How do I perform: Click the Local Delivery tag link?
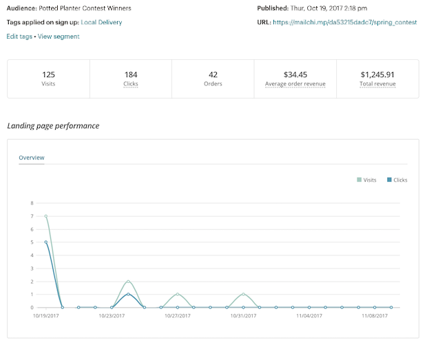coord(101,22)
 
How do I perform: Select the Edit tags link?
coord(20,36)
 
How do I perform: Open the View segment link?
coord(59,36)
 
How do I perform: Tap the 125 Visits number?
coord(48,74)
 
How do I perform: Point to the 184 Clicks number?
coord(131,74)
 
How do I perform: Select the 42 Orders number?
coord(213,74)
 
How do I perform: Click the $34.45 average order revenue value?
coord(295,74)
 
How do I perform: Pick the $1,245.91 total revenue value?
coord(377,74)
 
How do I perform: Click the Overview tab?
coord(32,158)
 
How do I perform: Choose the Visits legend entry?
coord(366,180)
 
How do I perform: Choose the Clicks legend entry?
coord(397,180)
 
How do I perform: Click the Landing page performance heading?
coord(53,126)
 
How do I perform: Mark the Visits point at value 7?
coord(46,216)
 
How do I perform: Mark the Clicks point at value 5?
coord(46,242)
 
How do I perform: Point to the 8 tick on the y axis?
coord(32,203)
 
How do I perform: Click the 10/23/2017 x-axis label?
coord(112,316)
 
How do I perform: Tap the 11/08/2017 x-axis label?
coord(375,316)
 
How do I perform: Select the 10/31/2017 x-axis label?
coord(243,316)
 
